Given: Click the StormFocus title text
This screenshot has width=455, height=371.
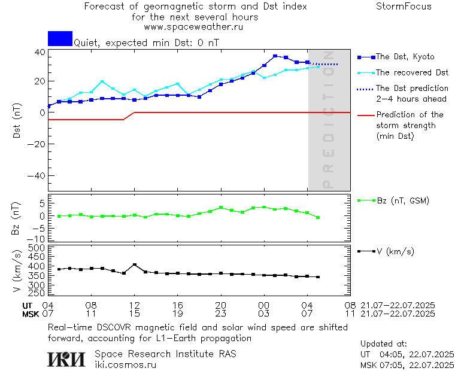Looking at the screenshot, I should coord(404,7).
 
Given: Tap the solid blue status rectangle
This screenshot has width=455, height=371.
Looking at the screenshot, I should coord(60,39).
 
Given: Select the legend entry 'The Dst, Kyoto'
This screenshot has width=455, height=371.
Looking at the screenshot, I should coord(405,57).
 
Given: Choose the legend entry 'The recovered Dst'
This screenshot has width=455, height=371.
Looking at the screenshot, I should coord(412,72).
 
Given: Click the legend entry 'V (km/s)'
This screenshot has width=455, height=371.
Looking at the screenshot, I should coord(395,251).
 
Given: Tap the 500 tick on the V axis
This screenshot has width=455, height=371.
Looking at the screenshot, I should coord(37,247).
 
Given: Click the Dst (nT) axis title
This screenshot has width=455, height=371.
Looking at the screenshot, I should coord(17,121).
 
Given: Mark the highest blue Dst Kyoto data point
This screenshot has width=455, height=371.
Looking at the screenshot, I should coord(275,56).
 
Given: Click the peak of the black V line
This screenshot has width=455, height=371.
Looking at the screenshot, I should coord(135,264).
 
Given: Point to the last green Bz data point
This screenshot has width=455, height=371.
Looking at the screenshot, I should coord(318,217).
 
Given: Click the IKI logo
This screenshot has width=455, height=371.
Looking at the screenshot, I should coord(68,358).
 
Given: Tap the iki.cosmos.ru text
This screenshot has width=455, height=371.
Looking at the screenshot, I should coord(125,364).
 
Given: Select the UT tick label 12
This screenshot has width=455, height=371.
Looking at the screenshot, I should coord(135,305).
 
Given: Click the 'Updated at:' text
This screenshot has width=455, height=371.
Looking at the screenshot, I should coord(384,344).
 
